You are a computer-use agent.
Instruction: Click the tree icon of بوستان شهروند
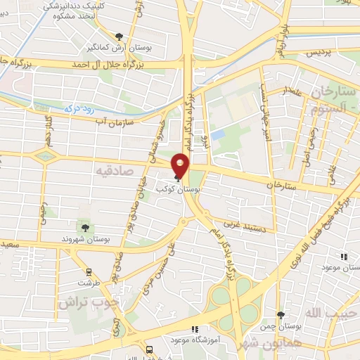[x=84, y=227]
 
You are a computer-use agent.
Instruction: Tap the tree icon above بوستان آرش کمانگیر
[x=119, y=37]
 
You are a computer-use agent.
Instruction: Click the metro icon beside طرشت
[x=89, y=271]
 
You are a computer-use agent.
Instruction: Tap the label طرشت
[x=89, y=283]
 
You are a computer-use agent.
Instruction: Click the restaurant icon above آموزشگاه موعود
[x=195, y=328]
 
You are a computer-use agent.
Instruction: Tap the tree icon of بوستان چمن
[x=280, y=315]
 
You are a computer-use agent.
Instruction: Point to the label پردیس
[x=314, y=53]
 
